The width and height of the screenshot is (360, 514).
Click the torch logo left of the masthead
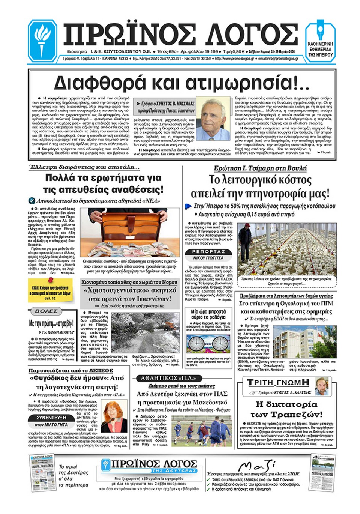(42, 40)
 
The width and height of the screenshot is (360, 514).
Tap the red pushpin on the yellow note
(50, 281)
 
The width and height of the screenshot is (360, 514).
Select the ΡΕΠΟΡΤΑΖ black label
(208, 252)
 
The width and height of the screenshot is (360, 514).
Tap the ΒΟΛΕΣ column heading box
(46, 311)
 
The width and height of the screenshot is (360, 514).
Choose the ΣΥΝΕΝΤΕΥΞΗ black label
(51, 418)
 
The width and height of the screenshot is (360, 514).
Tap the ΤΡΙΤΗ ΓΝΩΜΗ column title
(278, 383)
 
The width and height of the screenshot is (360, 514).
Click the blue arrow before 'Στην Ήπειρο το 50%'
(189, 206)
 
